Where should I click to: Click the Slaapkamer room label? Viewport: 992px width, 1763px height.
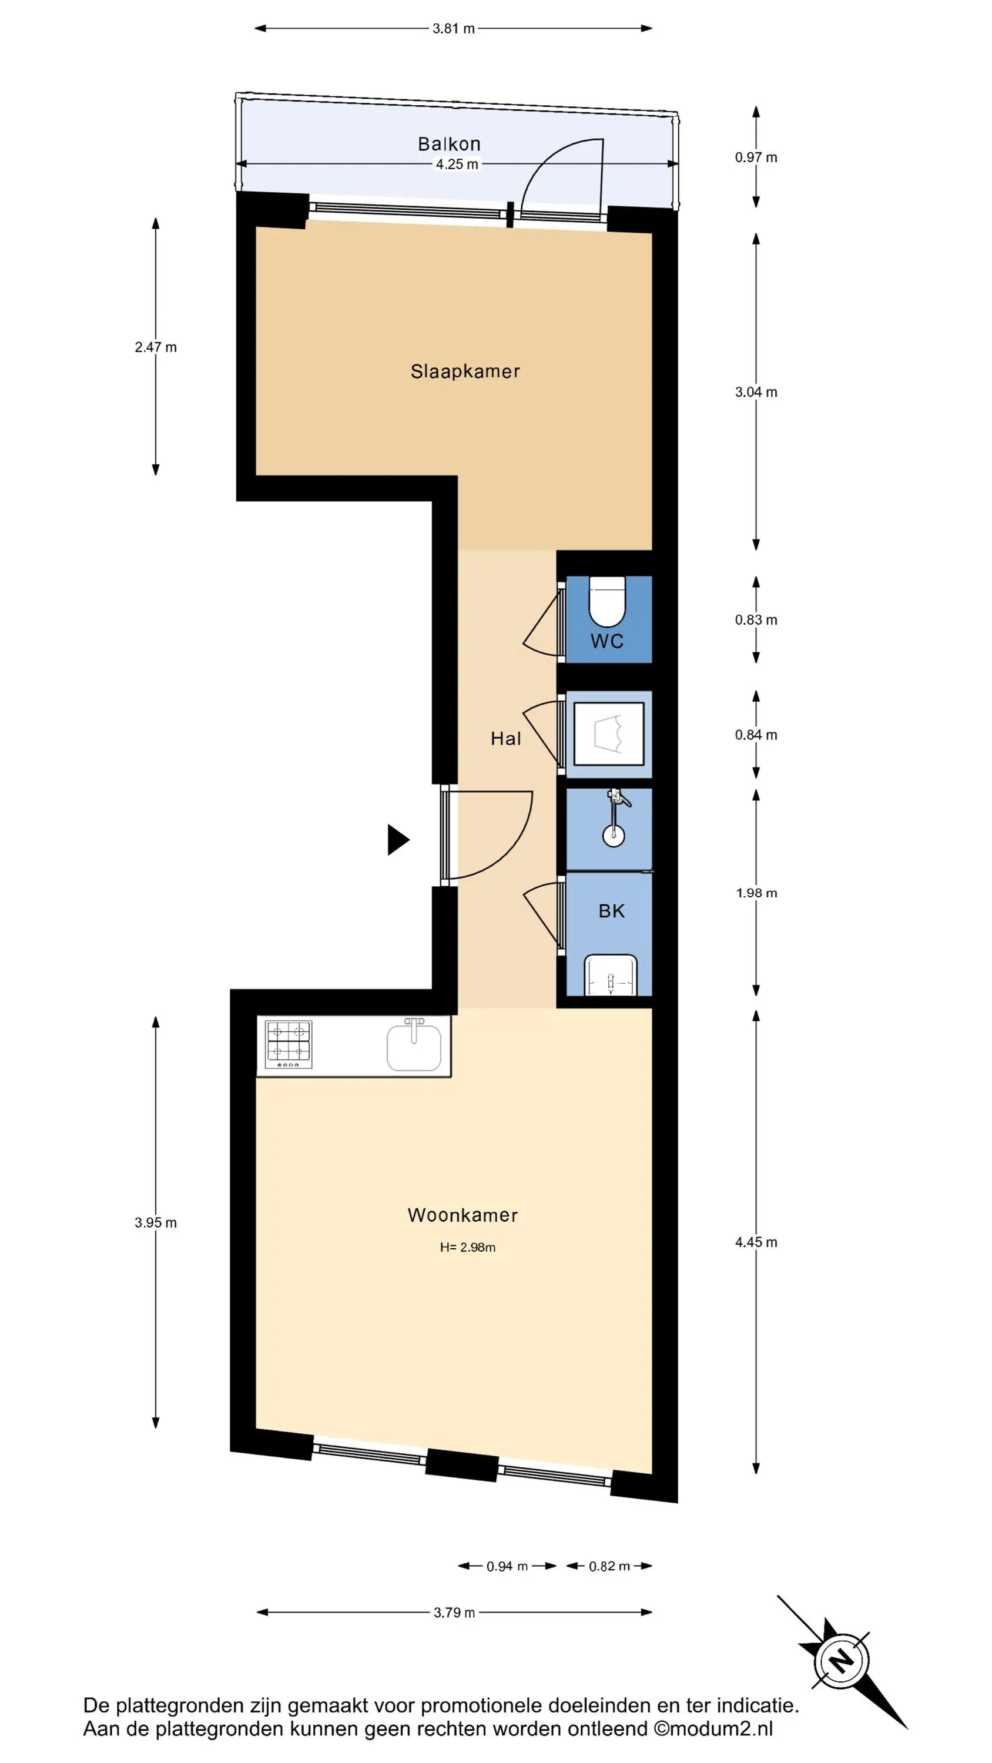(465, 371)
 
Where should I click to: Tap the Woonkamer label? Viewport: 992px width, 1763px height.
(463, 1215)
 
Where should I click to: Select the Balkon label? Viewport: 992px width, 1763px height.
(449, 144)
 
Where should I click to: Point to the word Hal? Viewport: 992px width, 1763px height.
(506, 739)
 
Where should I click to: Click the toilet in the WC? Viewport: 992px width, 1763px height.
(607, 602)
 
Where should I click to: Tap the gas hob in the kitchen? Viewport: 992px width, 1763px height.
(288, 1044)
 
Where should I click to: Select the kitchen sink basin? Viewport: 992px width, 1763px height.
(414, 1047)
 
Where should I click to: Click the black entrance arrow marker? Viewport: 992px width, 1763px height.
(398, 840)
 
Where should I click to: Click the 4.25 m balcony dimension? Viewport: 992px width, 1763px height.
(457, 165)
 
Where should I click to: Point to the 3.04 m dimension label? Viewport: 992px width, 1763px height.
(756, 392)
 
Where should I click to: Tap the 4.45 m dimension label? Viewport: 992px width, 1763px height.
(756, 1242)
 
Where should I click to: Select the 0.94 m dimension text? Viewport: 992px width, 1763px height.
(507, 1567)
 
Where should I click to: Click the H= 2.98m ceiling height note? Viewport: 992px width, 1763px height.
(468, 1248)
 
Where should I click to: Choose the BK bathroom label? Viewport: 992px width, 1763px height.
(611, 911)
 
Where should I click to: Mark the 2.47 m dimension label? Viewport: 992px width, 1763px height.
(155, 347)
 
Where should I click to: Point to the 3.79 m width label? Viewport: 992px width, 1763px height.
(454, 1613)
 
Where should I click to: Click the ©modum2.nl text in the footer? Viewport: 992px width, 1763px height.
(713, 1728)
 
